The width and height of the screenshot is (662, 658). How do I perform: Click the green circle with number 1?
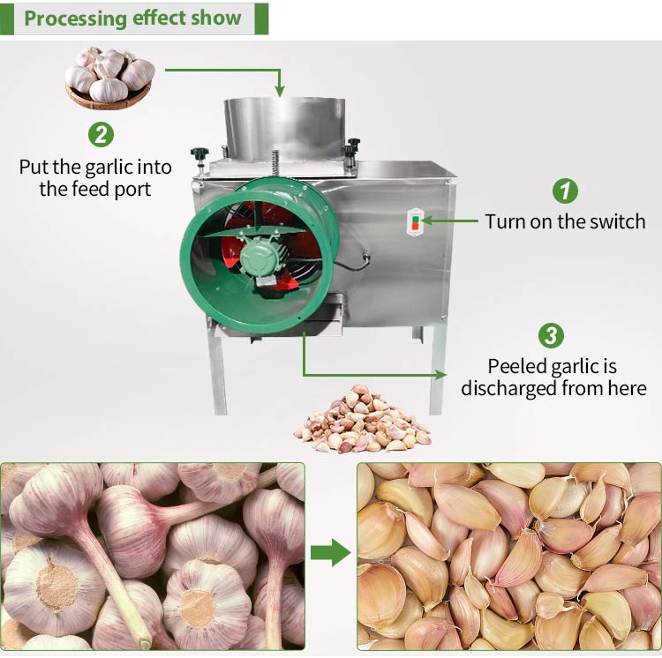565,191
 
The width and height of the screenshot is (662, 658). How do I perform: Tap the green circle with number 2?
101,135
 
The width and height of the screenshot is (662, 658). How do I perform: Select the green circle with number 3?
551,336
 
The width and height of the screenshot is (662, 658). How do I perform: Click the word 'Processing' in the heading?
75,19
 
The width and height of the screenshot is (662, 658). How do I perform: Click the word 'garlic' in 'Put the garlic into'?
106,168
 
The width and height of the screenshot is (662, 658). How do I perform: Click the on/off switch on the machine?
415,222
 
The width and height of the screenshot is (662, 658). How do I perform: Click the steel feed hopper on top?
284,129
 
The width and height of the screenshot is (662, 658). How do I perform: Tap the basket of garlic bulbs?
109,78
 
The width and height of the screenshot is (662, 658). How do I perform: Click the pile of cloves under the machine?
362,420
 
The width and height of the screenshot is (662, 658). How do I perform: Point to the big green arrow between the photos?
331,552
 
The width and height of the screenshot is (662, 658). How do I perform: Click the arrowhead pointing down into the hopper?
279,90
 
